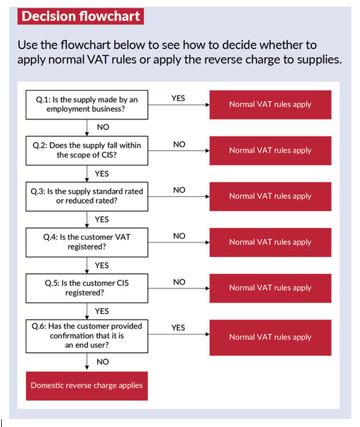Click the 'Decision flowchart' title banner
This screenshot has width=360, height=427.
81,16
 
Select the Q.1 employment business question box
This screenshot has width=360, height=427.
87,105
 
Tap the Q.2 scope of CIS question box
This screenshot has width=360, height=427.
87,151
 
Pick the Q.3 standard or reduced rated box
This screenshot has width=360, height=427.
87,197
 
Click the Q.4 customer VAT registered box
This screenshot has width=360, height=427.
87,242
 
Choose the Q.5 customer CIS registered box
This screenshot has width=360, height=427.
87,289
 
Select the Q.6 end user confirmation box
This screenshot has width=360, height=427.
87,336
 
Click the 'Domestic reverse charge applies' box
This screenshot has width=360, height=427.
87,386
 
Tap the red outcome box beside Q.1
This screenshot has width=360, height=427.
270,105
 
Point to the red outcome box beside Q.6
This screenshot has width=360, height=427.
270,338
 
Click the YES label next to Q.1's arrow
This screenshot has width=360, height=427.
178,98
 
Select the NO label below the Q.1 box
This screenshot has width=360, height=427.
103,127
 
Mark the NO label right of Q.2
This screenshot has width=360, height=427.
179,145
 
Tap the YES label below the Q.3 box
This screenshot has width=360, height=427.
102,219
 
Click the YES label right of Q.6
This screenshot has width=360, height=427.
178,327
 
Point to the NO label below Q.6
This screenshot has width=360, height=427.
103,362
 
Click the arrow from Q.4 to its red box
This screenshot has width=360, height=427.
178,242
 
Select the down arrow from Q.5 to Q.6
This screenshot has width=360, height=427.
87,311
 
